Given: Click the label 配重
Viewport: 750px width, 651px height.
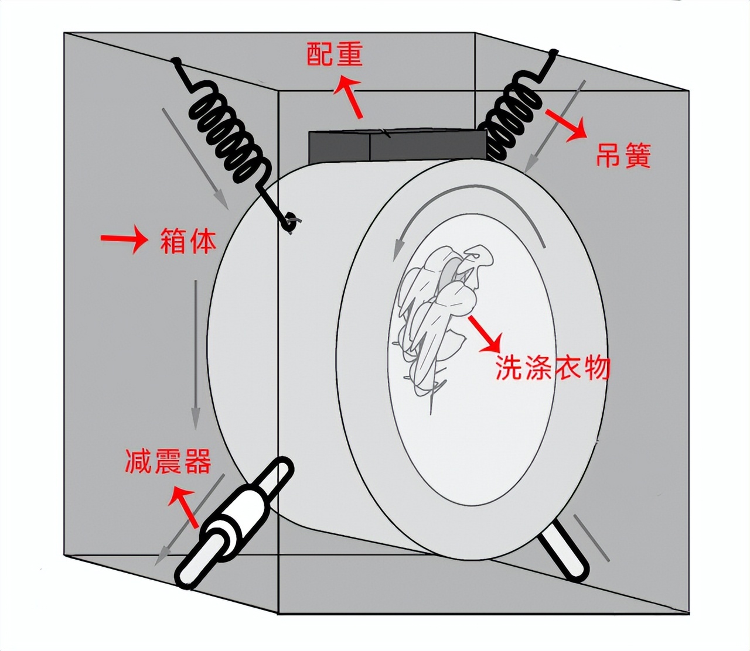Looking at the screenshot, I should point(335,54).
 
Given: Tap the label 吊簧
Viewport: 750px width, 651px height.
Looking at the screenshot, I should point(623,156).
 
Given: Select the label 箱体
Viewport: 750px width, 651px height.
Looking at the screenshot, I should point(188,241).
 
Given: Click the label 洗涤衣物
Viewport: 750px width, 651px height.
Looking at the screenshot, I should point(553,368).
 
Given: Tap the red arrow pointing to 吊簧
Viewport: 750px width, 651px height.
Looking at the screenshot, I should point(565,123).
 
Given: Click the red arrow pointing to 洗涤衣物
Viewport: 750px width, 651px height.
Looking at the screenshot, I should point(484,334).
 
